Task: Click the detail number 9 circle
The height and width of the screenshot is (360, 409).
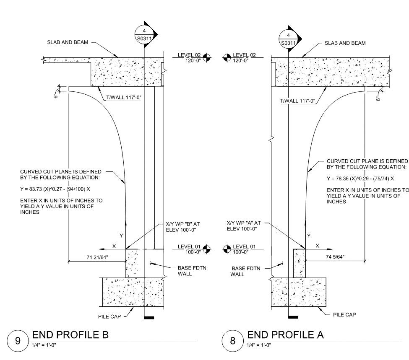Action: coord(18,340)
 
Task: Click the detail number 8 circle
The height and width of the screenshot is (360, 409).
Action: coord(233,340)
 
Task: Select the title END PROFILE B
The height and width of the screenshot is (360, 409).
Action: coord(70,335)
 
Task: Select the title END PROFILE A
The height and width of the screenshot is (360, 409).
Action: coord(285,335)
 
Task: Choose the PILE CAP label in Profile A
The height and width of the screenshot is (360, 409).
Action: coord(344,315)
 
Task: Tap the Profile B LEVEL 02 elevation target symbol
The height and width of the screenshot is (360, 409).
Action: coord(206,57)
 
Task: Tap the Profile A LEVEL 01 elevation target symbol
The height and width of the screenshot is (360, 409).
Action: coord(227,249)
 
